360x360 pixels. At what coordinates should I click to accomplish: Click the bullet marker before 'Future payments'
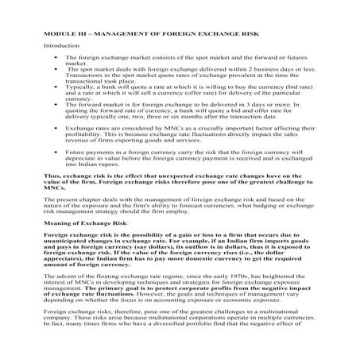tap(53, 150)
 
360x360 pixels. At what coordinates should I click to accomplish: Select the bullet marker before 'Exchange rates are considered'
tap(53, 126)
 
